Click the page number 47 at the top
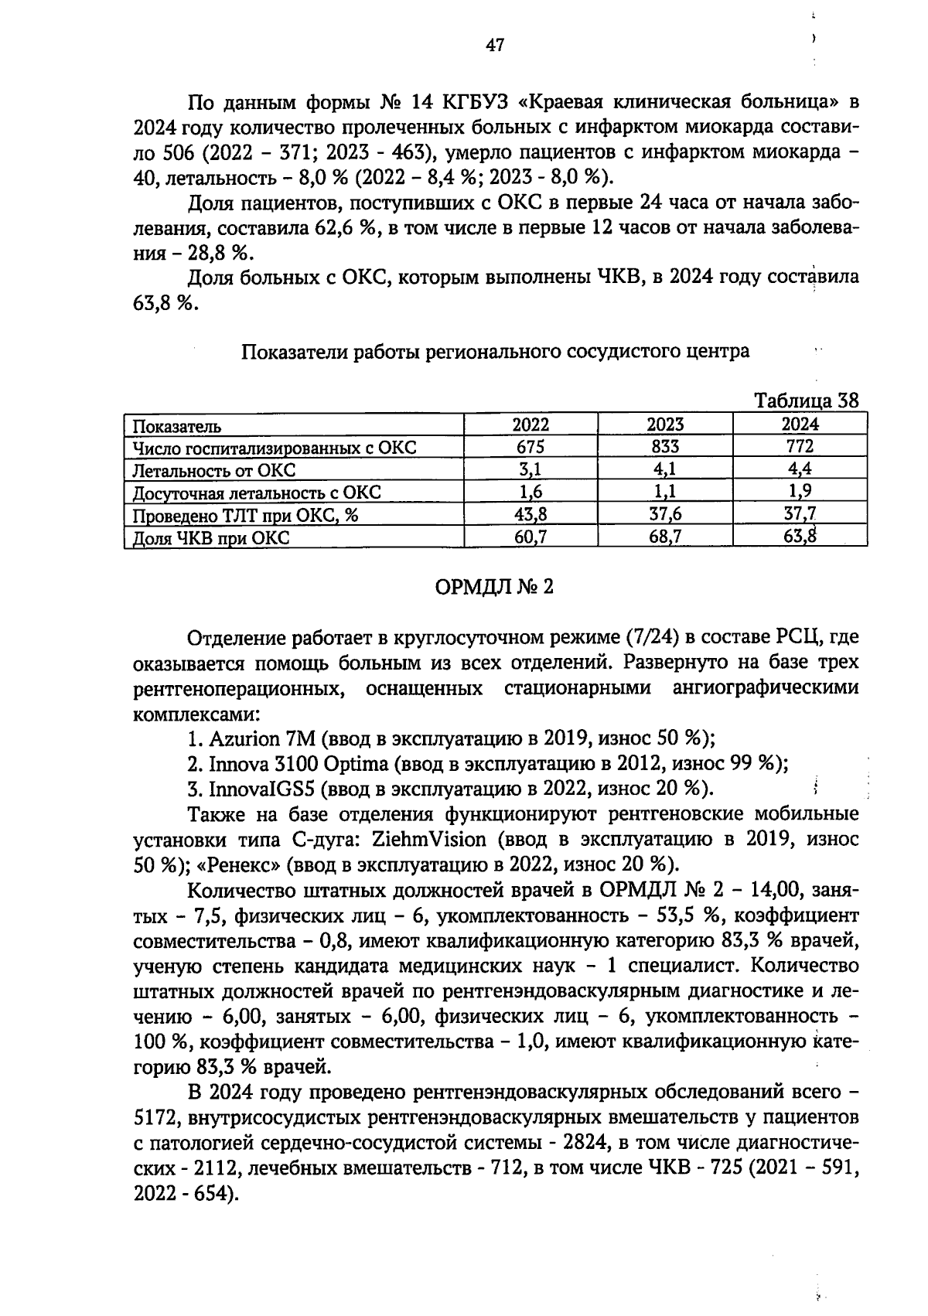pos(495,46)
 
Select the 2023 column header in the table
pos(665,424)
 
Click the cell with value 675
pos(531,447)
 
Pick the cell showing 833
pos(665,447)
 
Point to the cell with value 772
pos(800,447)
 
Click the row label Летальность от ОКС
pos(214,470)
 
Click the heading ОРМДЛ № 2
pos(495,588)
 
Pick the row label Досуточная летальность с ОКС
pos(257,493)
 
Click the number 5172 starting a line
pos(157,1118)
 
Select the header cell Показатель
pos(177,426)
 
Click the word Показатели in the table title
pos(295,352)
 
